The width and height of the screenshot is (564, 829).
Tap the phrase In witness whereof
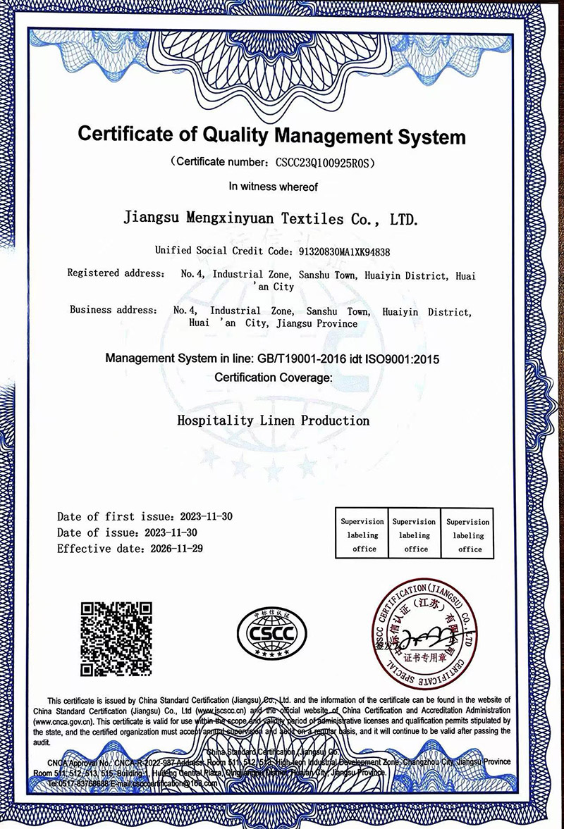(x=274, y=187)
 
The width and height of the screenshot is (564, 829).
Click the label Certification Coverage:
(x=272, y=378)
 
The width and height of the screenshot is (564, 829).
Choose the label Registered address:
(x=116, y=273)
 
